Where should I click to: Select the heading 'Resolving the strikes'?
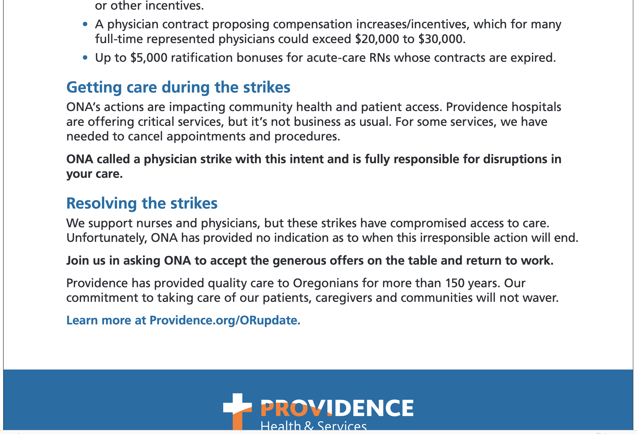pyautogui.click(x=142, y=204)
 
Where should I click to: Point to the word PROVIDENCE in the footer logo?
pyautogui.click(x=337, y=408)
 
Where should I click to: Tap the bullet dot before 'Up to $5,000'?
pyautogui.click(x=85, y=58)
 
